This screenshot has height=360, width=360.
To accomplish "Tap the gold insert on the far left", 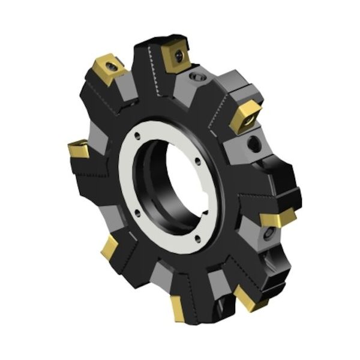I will [79, 148].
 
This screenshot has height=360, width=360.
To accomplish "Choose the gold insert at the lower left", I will [109, 247].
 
